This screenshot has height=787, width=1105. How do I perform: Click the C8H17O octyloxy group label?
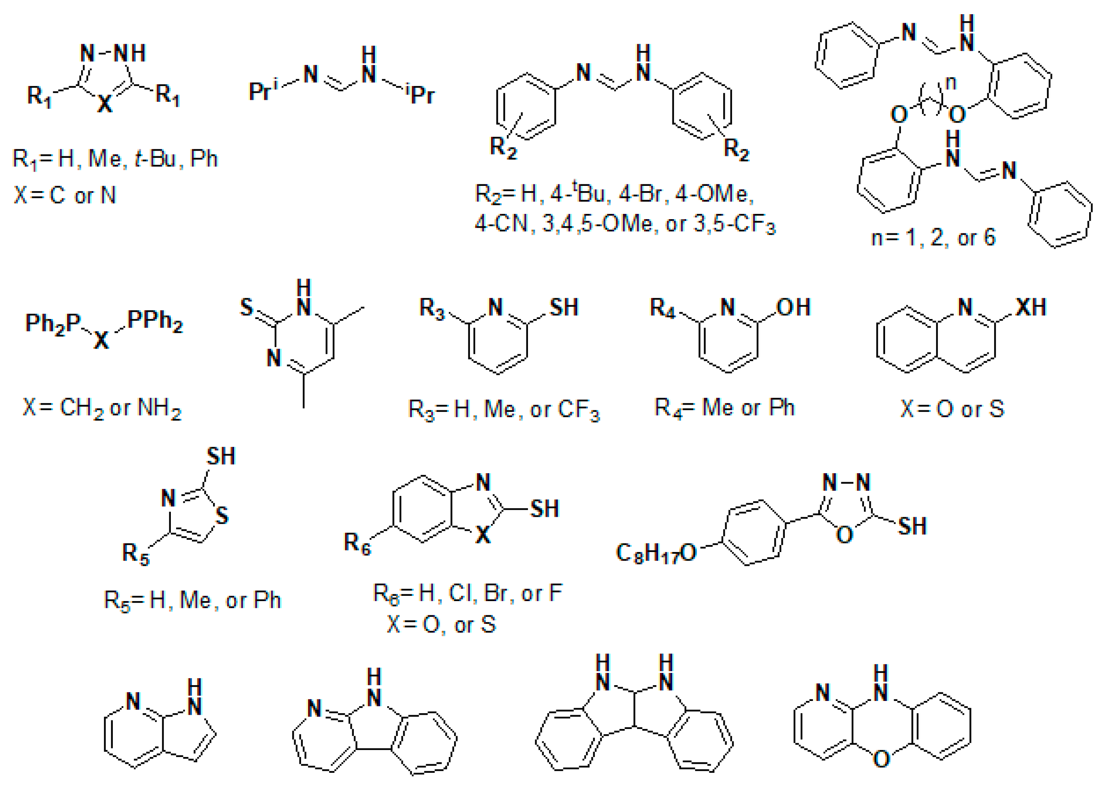pyautogui.click(x=655, y=553)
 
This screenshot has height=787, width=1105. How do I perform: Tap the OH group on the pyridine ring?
pyautogui.click(x=793, y=307)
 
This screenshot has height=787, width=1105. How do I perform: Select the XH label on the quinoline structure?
pyautogui.click(x=1030, y=307)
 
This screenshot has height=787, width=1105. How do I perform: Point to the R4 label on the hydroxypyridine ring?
pyautogui.click(x=662, y=308)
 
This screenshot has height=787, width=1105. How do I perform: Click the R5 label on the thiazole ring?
pyautogui.click(x=136, y=554)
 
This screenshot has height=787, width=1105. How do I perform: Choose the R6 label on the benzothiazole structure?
pyautogui.click(x=357, y=543)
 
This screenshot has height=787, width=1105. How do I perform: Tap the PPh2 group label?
pyautogui.click(x=155, y=321)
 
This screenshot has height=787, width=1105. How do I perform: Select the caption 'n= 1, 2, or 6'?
pyautogui.click(x=933, y=238)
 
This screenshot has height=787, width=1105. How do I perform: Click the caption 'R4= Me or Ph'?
pyautogui.click(x=724, y=408)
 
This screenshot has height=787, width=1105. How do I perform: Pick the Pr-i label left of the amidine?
pyautogui.click(x=263, y=90)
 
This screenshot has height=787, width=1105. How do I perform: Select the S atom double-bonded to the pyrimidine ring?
pyautogui.click(x=247, y=307)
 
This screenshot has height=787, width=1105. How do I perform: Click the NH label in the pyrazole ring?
pyautogui.click(x=129, y=53)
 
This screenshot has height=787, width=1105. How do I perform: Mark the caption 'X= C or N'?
pyautogui.click(x=65, y=195)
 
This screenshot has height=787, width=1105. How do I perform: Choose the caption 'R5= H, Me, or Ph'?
pyautogui.click(x=192, y=600)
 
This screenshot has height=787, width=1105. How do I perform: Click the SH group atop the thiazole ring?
pyautogui.click(x=221, y=456)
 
